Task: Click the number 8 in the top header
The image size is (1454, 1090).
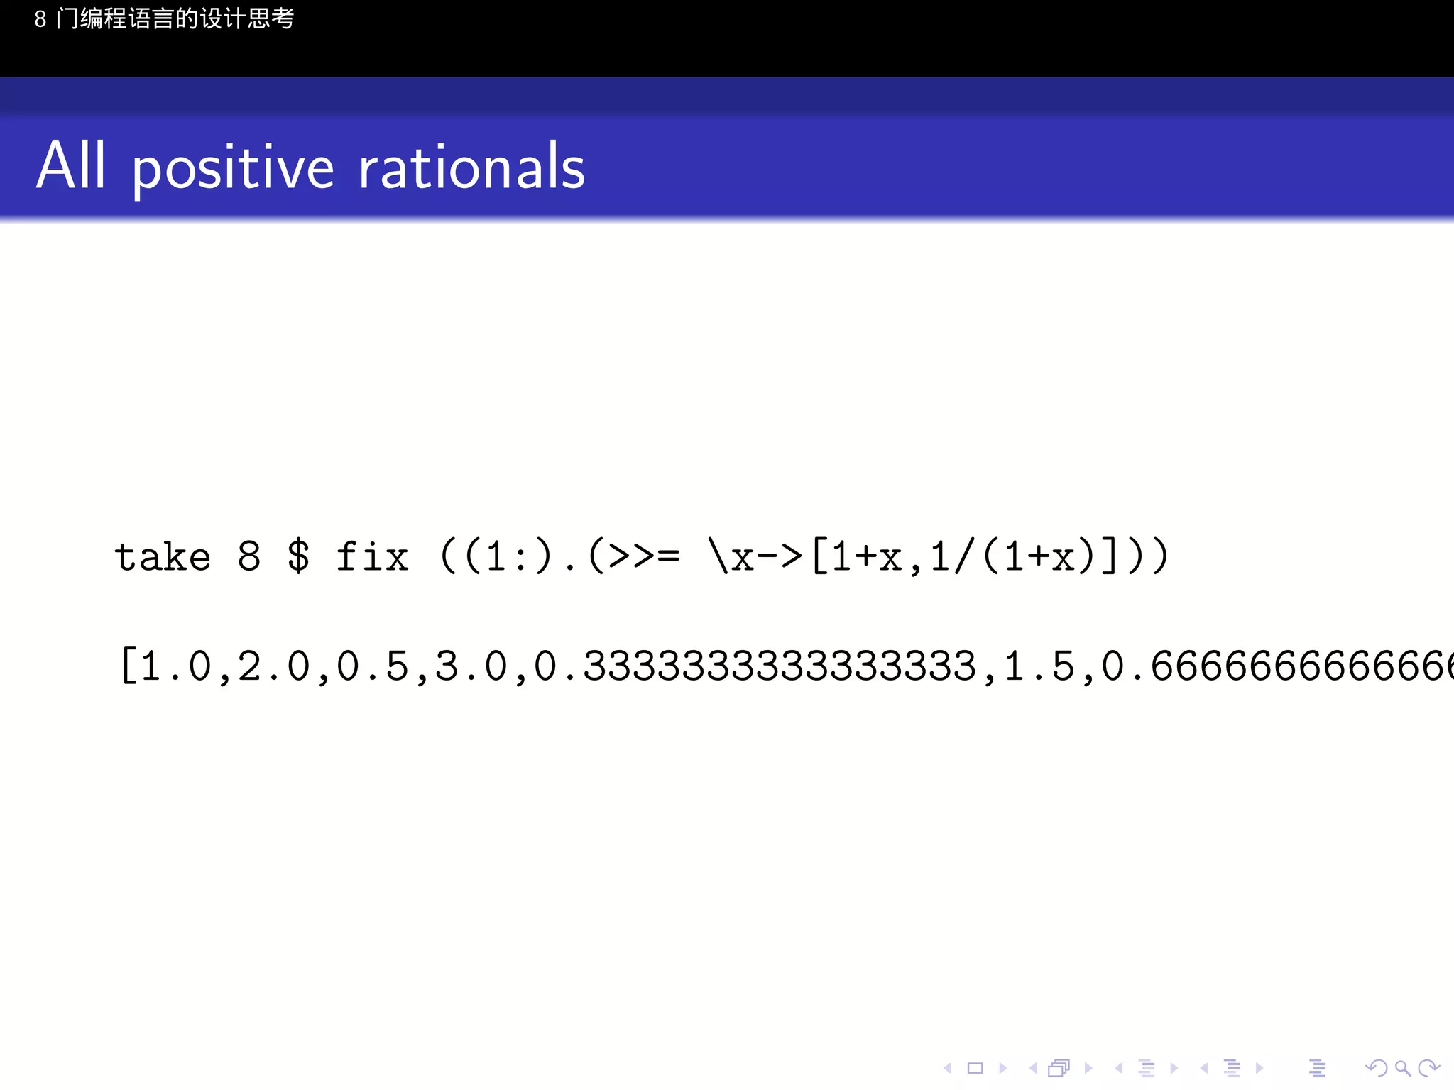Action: click(40, 19)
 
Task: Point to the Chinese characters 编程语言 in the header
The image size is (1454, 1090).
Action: click(128, 18)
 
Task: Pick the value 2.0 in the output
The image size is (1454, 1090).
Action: click(274, 666)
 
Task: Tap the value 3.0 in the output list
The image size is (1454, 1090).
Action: click(471, 666)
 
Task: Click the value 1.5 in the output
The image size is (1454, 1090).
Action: click(1038, 666)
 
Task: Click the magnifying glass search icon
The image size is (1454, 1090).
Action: click(1402, 1068)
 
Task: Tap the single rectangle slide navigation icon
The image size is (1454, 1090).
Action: click(975, 1068)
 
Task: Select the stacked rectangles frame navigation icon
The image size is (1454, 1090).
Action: click(1059, 1068)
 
